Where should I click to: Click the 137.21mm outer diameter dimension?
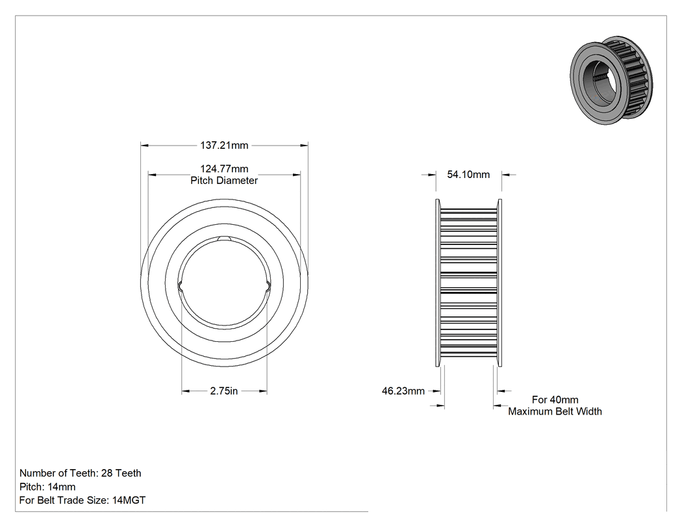coord(224,146)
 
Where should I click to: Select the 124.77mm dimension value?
coord(224,169)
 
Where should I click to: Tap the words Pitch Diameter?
coord(224,181)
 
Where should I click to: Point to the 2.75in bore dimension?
coord(224,391)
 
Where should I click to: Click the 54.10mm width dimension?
coord(468,175)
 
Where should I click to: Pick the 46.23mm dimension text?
coord(403,391)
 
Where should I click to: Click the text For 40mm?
coord(555,400)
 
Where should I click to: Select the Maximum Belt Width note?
coord(555,412)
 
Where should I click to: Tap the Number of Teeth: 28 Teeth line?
coord(81,473)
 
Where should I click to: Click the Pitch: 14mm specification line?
coord(47,487)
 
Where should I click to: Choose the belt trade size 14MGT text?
coord(129,500)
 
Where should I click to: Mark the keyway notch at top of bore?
coord(224,238)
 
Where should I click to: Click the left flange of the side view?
coord(438,283)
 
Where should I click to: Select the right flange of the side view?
coord(499,283)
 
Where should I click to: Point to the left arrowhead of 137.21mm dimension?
coord(144,146)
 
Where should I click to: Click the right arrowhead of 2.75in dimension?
coord(262,391)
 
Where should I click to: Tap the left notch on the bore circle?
coord(180,285)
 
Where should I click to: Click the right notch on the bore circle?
coord(268,285)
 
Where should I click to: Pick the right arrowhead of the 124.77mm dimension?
coord(296,175)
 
